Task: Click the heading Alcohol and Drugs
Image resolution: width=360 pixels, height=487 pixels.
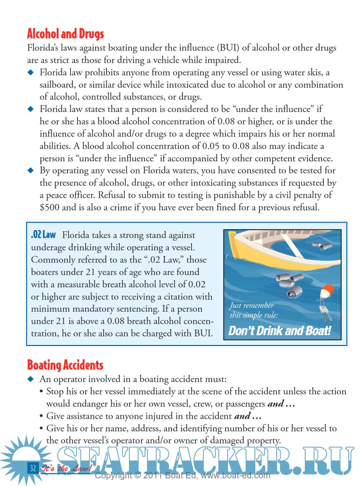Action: [x=65, y=34]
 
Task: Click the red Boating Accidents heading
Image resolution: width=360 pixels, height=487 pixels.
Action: [x=65, y=365]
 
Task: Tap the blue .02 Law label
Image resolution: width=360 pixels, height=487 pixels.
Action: [x=43, y=235]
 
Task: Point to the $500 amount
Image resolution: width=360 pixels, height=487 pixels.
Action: [x=49, y=207]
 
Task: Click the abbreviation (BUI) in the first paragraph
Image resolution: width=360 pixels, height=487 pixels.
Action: [x=228, y=48]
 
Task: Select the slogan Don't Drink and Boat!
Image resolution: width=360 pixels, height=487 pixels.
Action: [x=280, y=331]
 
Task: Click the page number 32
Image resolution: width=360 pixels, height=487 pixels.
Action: [x=33, y=468]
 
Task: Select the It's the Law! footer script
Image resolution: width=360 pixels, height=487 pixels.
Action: [x=66, y=468]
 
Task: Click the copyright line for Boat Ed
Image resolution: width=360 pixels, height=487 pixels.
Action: [x=182, y=476]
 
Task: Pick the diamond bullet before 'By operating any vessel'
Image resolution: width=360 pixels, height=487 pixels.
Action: [x=31, y=170]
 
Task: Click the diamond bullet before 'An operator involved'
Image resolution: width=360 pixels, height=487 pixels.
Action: [x=31, y=379]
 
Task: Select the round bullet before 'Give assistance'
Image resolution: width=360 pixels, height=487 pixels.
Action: [x=41, y=416]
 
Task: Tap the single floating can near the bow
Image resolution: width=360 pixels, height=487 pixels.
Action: [x=322, y=246]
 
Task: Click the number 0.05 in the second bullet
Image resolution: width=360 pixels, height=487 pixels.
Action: [x=211, y=146]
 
